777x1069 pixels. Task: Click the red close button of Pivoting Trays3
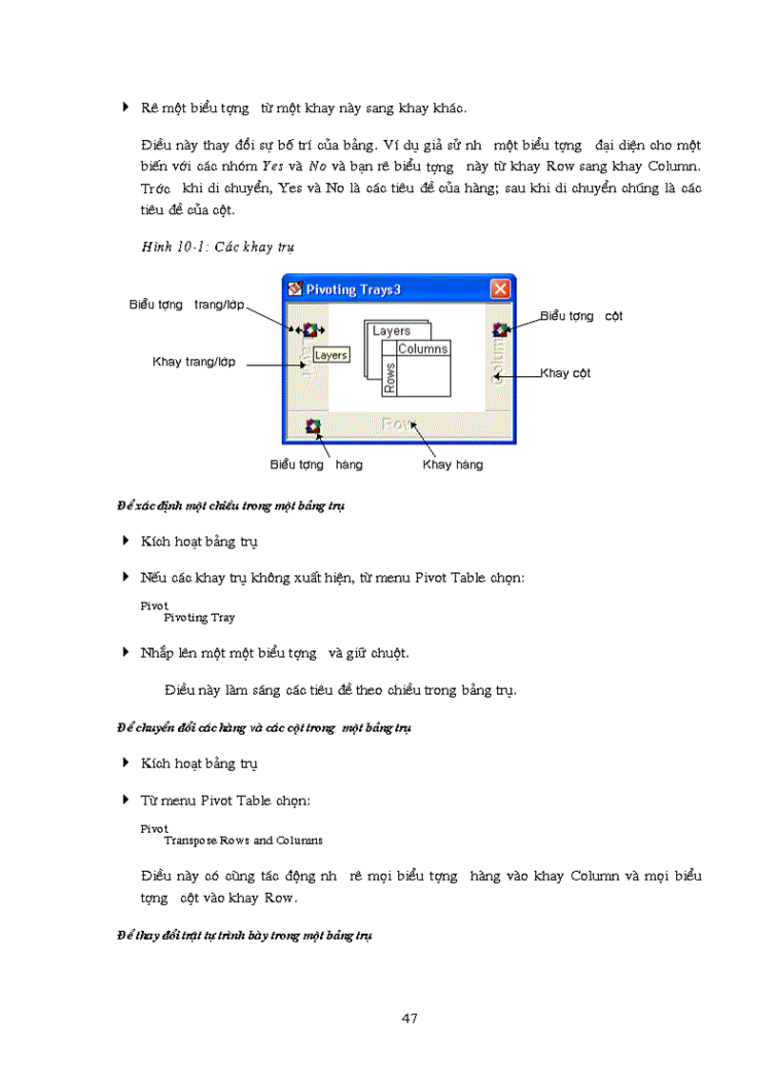pyautogui.click(x=500, y=288)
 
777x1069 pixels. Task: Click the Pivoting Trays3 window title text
pyautogui.click(x=359, y=289)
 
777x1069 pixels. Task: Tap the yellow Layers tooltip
pyautogui.click(x=330, y=355)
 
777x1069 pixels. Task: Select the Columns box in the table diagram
pyautogui.click(x=423, y=349)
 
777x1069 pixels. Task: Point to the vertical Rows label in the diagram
pyautogui.click(x=389, y=378)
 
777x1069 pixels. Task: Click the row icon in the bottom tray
pyautogui.click(x=313, y=426)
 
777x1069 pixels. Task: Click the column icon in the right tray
pyautogui.click(x=499, y=329)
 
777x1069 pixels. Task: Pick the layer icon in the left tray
pyautogui.click(x=309, y=329)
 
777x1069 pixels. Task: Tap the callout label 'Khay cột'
pyautogui.click(x=566, y=373)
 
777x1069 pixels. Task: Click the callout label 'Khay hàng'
pyautogui.click(x=452, y=465)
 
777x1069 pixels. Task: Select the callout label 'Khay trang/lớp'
pyautogui.click(x=194, y=362)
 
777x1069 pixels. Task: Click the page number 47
pyautogui.click(x=409, y=1019)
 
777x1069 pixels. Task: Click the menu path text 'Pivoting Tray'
pyautogui.click(x=199, y=618)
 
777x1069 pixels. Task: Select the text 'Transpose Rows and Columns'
pyautogui.click(x=243, y=841)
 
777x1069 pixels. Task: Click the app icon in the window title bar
pyautogui.click(x=295, y=289)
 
